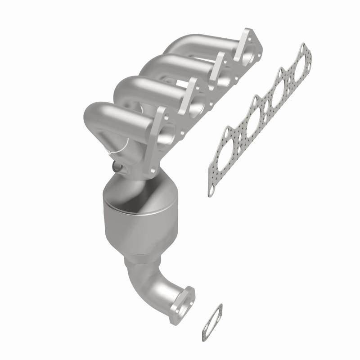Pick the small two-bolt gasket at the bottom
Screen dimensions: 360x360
(x=211, y=322)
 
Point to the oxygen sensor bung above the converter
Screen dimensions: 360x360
(x=118, y=167)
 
